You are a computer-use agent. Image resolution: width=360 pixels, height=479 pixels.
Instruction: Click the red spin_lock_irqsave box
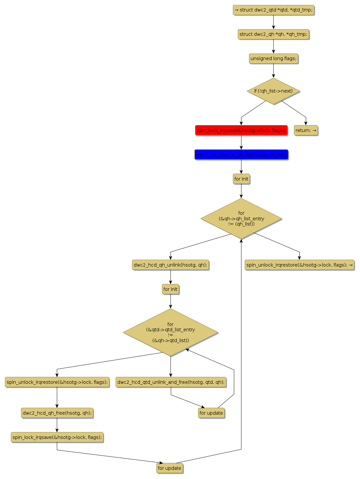241,130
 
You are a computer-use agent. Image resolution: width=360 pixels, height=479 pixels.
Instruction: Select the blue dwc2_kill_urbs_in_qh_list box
241,155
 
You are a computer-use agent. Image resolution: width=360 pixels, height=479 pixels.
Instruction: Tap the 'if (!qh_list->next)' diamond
273,91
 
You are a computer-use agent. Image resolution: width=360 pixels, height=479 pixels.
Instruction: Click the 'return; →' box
306,130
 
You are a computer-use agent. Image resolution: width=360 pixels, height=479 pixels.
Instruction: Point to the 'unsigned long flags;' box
273,59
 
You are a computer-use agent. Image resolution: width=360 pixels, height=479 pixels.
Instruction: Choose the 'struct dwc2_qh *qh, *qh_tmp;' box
273,34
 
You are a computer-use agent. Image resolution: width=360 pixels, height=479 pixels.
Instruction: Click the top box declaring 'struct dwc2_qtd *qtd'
273,10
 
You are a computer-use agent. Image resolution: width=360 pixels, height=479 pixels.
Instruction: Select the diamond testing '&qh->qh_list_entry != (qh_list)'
241,219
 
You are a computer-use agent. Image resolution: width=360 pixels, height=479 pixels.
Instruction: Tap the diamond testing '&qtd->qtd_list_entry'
170,332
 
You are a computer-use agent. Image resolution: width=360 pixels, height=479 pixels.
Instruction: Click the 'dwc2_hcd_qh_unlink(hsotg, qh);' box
170,265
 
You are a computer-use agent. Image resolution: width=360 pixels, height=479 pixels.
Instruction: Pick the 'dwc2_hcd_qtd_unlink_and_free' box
171,382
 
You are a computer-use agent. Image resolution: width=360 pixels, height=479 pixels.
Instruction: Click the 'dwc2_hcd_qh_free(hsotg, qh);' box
57,413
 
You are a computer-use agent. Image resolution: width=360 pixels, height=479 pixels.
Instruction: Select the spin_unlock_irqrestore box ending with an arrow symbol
300,265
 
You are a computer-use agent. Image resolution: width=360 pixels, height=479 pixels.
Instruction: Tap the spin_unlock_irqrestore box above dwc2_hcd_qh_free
57,382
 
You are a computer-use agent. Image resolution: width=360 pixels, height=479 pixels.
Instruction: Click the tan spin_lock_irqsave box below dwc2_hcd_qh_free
57,437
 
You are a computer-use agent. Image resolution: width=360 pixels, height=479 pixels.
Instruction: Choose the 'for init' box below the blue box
241,179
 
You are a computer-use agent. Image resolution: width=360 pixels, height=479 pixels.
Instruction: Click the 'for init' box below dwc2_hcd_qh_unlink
170,289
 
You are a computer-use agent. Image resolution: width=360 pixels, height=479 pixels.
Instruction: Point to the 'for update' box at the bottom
169,468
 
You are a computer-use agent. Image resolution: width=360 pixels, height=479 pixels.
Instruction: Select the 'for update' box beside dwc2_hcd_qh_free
211,413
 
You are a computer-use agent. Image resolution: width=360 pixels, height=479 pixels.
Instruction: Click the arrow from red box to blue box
241,142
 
